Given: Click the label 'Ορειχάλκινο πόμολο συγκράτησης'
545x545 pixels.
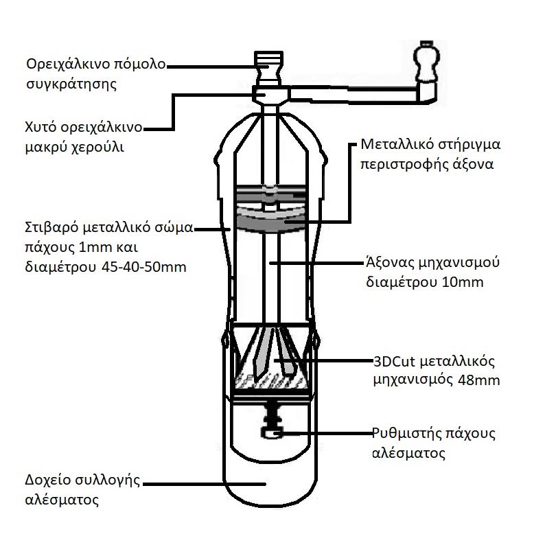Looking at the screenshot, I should [95, 75].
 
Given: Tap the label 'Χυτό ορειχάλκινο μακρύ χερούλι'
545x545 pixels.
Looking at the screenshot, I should [83, 137].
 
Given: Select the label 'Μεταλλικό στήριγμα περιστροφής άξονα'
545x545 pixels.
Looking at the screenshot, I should [431, 155].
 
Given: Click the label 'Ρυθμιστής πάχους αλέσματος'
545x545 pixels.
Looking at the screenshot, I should [433, 443].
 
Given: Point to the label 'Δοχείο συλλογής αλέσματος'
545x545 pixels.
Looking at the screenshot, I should [82, 489].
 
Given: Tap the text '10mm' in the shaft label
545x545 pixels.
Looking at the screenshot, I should [467, 281].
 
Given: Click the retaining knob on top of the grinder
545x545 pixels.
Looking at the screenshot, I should [268, 65].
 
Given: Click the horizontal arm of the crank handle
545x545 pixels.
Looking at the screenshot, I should [350, 92].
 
